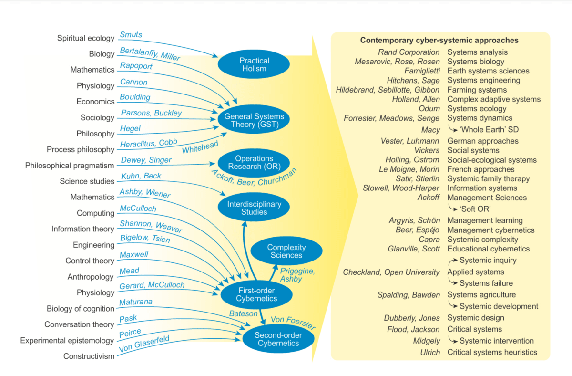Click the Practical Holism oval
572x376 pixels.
254,65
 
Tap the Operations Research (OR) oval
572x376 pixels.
254,163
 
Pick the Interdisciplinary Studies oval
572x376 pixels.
254,208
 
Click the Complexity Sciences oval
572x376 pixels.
286,251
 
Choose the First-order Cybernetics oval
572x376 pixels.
256,294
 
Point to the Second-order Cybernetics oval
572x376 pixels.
277,339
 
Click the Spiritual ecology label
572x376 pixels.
86,38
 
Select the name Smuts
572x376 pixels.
131,35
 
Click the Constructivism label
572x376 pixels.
89,356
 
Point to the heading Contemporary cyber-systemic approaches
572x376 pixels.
439,41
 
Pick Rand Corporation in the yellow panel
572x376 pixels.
409,52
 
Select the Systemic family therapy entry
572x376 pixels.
488,179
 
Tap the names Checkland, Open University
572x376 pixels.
391,272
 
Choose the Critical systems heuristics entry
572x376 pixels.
492,352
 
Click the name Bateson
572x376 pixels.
243,313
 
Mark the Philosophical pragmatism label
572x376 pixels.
70,166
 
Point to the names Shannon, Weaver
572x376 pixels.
151,227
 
